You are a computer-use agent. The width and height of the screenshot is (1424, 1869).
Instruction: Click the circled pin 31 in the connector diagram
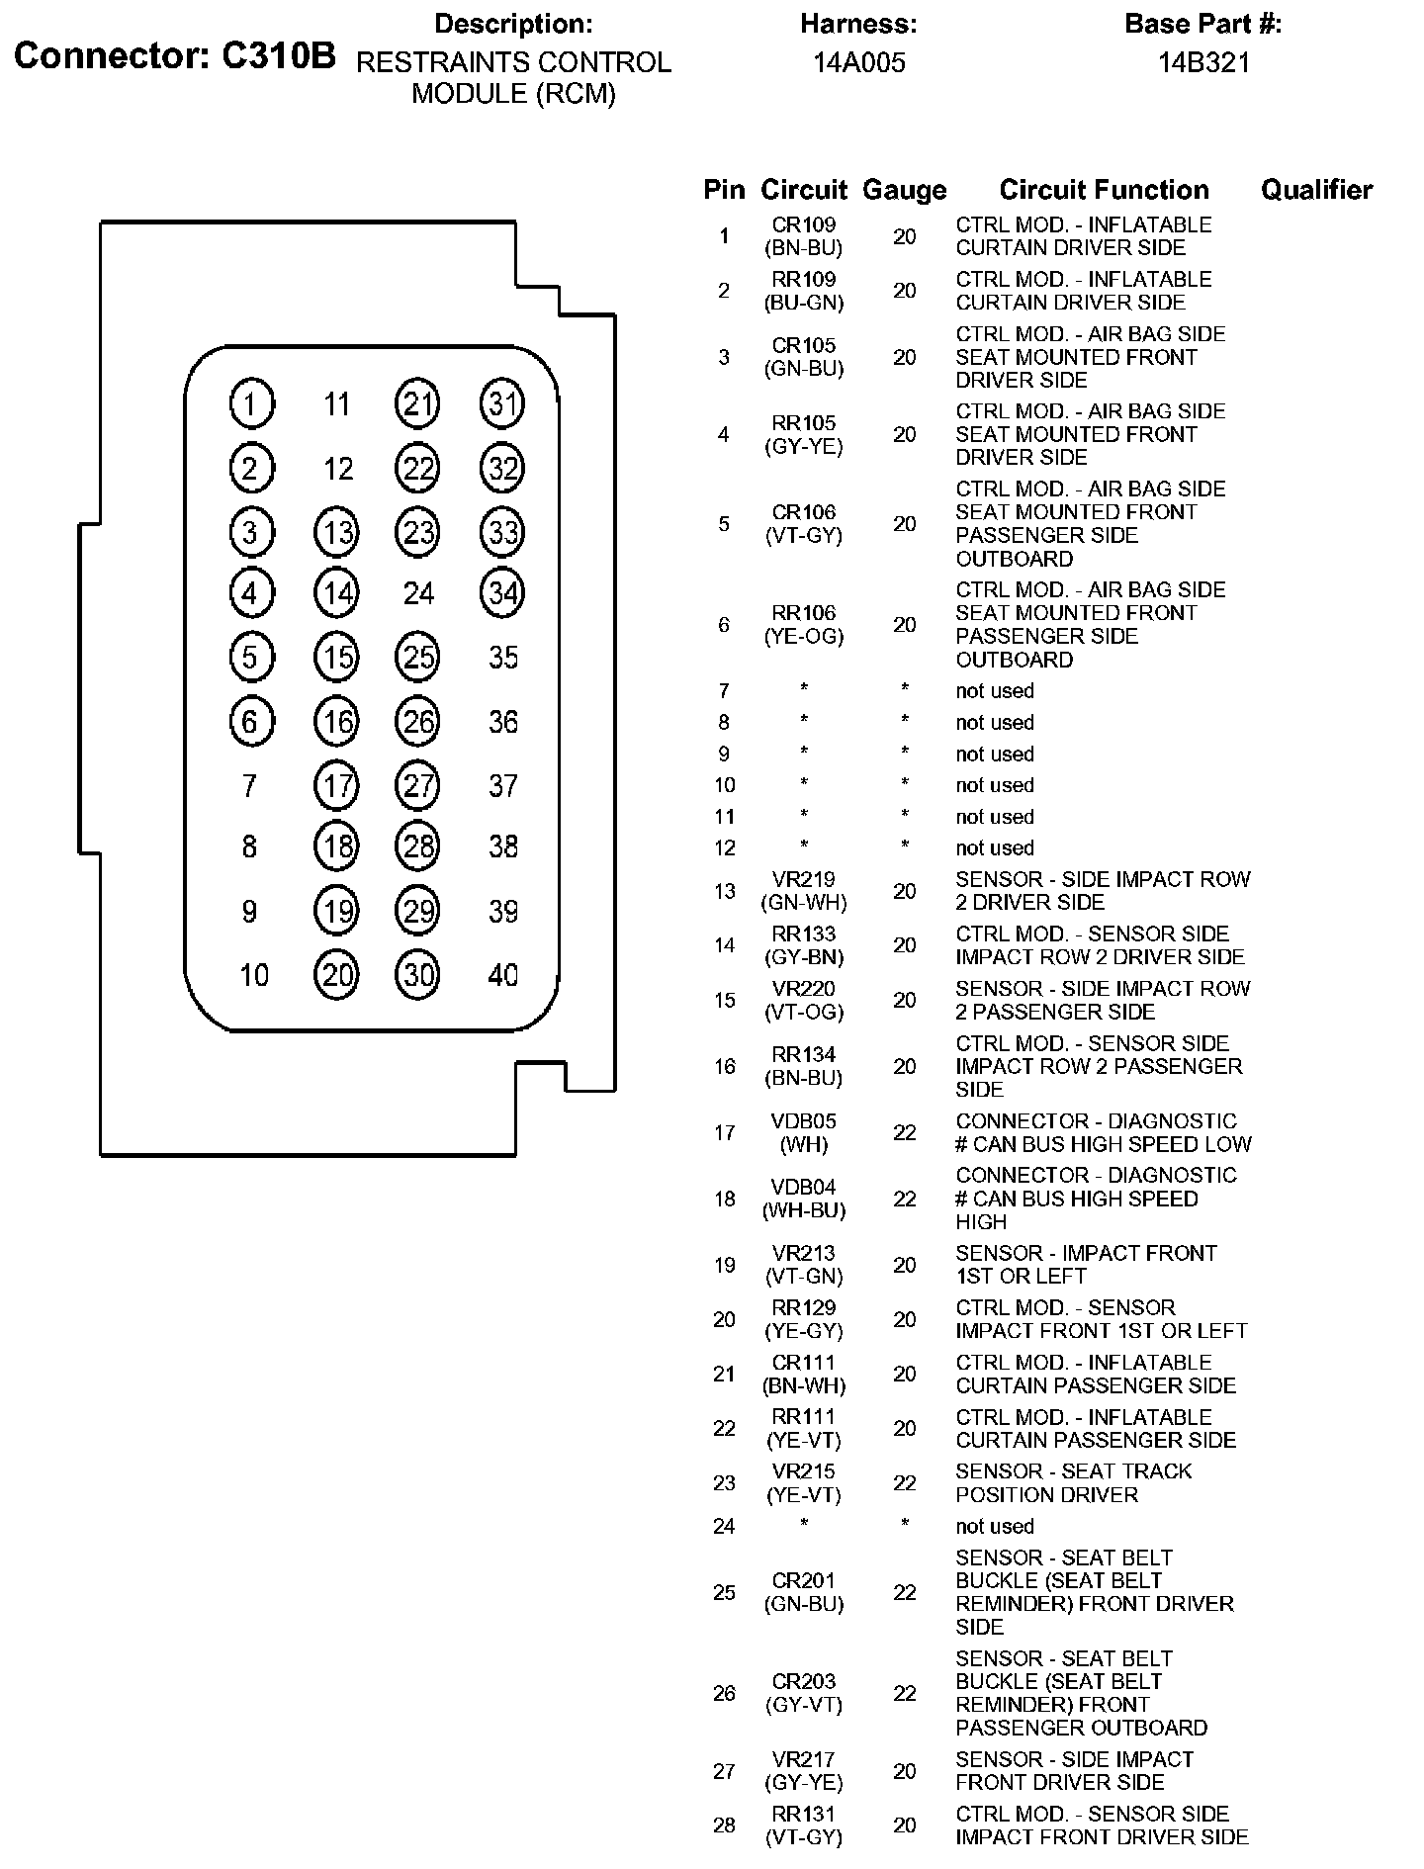click(x=502, y=403)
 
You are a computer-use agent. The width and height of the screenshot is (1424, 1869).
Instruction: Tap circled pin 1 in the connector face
click(x=251, y=403)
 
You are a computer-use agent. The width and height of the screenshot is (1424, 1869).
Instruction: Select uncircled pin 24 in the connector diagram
click(x=418, y=593)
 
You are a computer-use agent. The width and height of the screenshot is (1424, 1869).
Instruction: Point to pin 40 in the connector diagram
click(x=502, y=975)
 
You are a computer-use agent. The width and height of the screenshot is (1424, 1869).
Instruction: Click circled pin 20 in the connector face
click(x=336, y=975)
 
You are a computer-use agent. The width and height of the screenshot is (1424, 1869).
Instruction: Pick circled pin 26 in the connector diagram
click(x=418, y=722)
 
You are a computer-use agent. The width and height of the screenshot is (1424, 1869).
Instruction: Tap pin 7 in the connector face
click(x=249, y=786)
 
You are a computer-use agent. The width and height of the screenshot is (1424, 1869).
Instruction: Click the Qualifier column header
click(x=1316, y=190)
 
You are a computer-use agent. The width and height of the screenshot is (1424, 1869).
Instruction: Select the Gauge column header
click(x=904, y=190)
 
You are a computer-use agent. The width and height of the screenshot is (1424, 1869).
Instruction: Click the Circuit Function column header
click(x=1104, y=190)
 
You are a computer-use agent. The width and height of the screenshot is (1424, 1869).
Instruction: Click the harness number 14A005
click(x=858, y=63)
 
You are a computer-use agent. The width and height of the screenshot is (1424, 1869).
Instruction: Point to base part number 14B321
click(x=1203, y=63)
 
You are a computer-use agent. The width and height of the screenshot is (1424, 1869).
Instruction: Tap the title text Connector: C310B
click(x=175, y=56)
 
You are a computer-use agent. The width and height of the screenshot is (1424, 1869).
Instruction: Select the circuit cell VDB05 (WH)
click(x=804, y=1132)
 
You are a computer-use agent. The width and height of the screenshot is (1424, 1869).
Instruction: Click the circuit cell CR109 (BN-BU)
click(x=804, y=236)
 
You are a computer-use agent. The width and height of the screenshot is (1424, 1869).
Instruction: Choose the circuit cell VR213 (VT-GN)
click(x=804, y=1265)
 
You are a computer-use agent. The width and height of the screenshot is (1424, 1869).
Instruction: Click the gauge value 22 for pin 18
click(x=904, y=1199)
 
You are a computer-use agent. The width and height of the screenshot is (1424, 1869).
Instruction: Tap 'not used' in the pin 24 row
click(x=994, y=1526)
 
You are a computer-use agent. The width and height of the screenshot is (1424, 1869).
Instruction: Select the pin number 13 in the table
click(x=724, y=891)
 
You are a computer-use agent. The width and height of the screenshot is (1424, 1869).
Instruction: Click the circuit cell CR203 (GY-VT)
click(x=804, y=1693)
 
